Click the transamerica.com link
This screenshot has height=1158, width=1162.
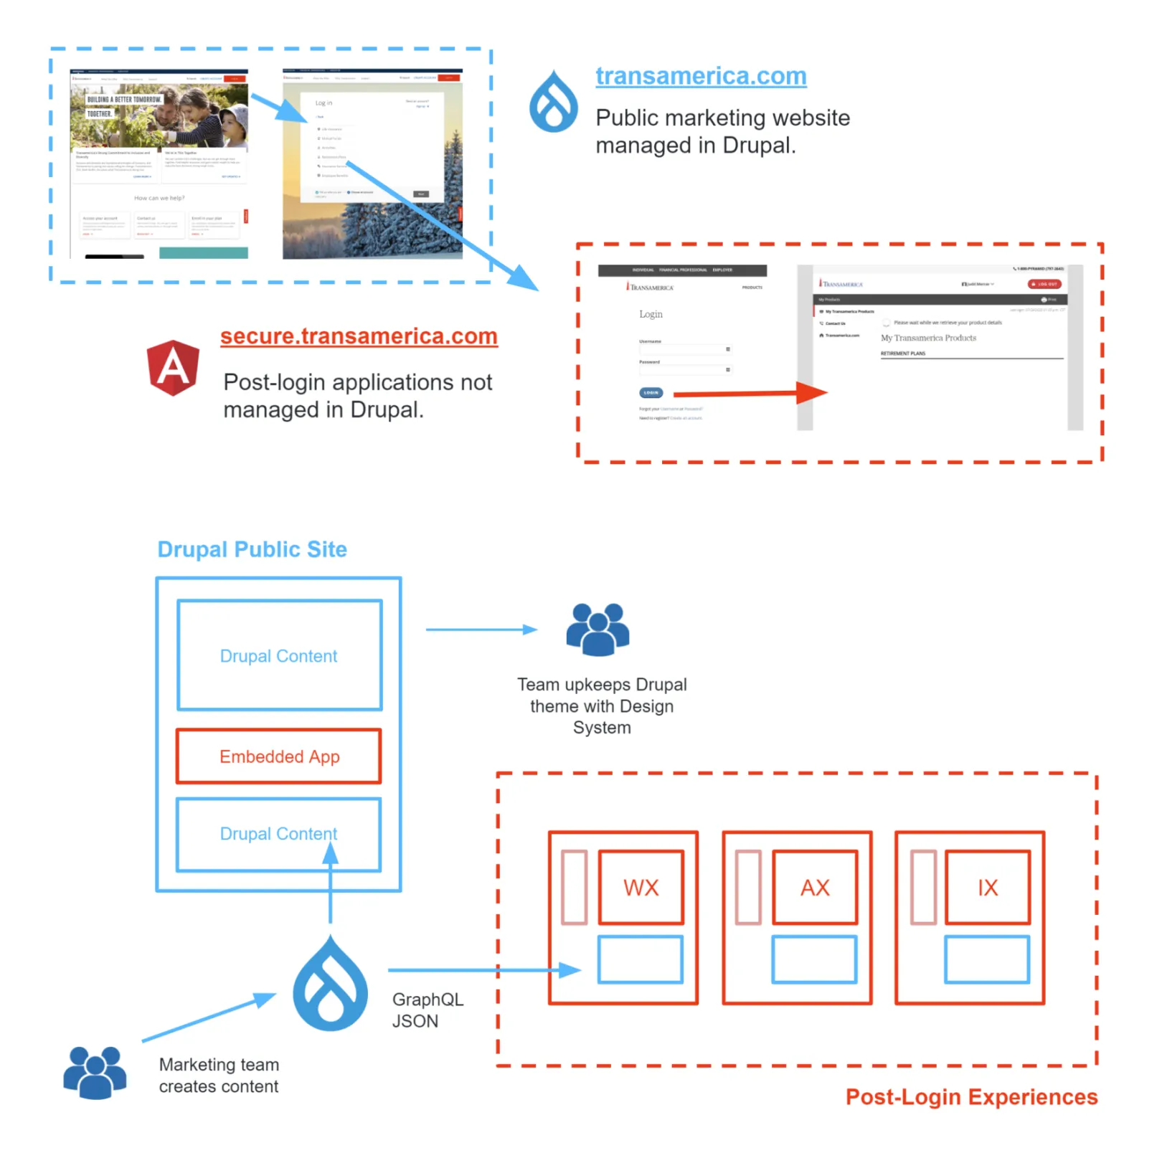pyautogui.click(x=700, y=76)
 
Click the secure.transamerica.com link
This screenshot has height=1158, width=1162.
pyautogui.click(x=359, y=336)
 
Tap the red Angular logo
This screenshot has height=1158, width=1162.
pyautogui.click(x=173, y=368)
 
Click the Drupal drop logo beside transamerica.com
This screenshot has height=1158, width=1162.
pyautogui.click(x=553, y=102)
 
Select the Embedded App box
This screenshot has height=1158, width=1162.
pyautogui.click(x=279, y=756)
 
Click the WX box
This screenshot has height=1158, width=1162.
pyautogui.click(x=641, y=888)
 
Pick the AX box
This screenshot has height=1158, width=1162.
pyautogui.click(x=815, y=888)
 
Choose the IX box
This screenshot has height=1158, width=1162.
pyautogui.click(x=988, y=888)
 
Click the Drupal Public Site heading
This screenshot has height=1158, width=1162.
pyautogui.click(x=252, y=549)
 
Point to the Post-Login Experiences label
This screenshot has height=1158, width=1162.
pyautogui.click(x=971, y=1097)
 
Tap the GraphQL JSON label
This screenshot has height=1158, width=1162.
pyautogui.click(x=428, y=1010)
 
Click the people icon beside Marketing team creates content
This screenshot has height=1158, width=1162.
pyautogui.click(x=95, y=1073)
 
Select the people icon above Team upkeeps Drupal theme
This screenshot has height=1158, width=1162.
pyautogui.click(x=597, y=630)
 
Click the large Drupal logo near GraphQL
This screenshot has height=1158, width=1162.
pyautogui.click(x=330, y=986)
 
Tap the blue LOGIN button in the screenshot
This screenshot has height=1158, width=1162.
pyautogui.click(x=651, y=393)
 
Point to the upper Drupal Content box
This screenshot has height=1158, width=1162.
pyautogui.click(x=279, y=655)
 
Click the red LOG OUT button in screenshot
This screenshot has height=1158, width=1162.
pyautogui.click(x=1044, y=284)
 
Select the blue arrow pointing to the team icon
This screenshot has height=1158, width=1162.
pyautogui.click(x=481, y=630)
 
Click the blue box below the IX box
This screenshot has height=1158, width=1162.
pyautogui.click(x=987, y=959)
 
